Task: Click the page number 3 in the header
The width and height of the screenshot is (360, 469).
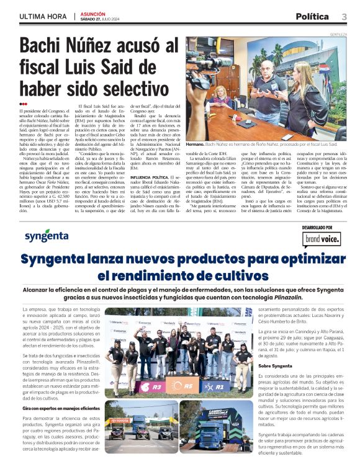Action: click(343, 17)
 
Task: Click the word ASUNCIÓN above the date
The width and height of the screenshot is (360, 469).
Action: click(93, 13)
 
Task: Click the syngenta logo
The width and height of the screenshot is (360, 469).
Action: click(46, 236)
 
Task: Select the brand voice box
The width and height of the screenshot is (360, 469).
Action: click(320, 238)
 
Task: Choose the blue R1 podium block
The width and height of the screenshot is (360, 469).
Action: click(218, 386)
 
